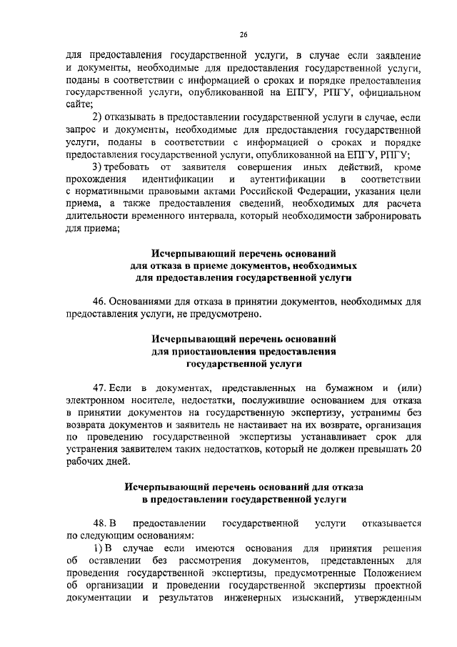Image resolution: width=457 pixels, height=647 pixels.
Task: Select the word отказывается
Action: pos(390,523)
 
